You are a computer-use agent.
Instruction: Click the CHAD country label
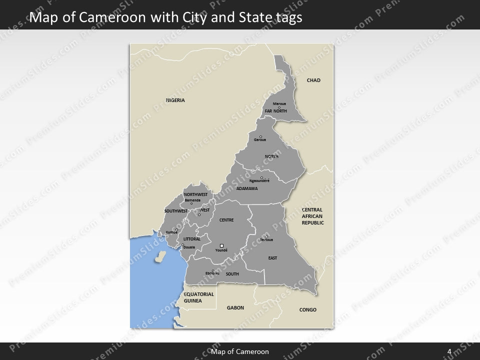click(x=313, y=80)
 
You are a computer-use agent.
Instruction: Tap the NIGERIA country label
click(x=175, y=100)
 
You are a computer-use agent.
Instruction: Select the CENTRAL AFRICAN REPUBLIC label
click(x=312, y=216)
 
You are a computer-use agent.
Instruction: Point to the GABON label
click(x=235, y=308)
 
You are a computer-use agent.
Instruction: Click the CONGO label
click(x=307, y=310)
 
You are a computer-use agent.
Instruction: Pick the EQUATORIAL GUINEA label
click(x=198, y=297)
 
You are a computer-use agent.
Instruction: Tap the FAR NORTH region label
click(x=276, y=111)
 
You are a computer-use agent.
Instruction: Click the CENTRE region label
click(x=226, y=220)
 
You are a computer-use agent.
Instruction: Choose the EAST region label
click(x=272, y=258)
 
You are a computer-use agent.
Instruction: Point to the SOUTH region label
click(x=232, y=274)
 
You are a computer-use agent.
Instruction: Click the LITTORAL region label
click(x=192, y=239)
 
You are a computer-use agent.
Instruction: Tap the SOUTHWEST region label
click(x=175, y=211)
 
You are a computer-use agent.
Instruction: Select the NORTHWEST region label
click(x=195, y=194)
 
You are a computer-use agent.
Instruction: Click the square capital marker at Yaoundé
click(x=221, y=245)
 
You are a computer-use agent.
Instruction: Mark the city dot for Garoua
click(x=260, y=136)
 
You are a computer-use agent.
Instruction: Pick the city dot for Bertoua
click(x=266, y=236)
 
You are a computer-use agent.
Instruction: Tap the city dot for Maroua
click(x=279, y=107)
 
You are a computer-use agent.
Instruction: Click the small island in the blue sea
click(x=160, y=257)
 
